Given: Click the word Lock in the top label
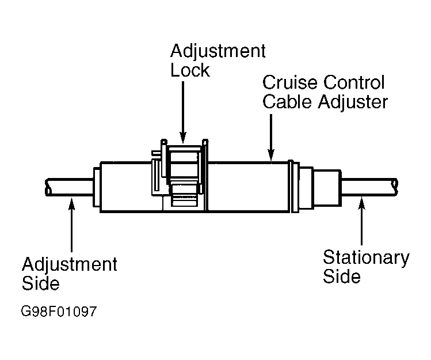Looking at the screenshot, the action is tap(190, 70).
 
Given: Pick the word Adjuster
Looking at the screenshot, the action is tap(353, 102).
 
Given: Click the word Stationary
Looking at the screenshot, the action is tap(366, 258).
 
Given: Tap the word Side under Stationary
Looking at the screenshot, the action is tap(342, 276).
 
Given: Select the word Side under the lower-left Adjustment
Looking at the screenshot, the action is tap(41, 283).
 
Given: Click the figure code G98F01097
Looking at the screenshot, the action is tap(59, 312).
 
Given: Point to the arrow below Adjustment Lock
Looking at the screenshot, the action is tap(183, 112).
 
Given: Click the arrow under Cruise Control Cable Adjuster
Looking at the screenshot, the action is tap(271, 137).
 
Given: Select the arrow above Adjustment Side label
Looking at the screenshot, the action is tap(71, 225).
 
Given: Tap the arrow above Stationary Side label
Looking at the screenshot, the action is tap(362, 219).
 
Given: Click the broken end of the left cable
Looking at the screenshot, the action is tap(48, 187).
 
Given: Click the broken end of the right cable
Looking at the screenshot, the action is tap(395, 187).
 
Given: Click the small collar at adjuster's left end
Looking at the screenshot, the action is tap(97, 187).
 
